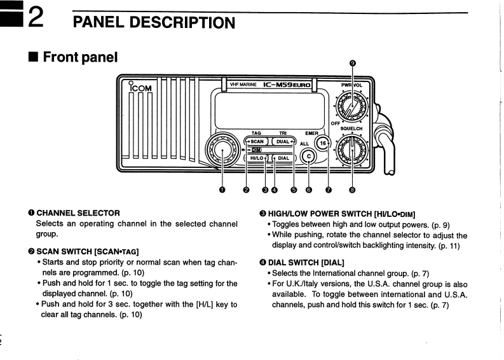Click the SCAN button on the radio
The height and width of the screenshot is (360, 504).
click(257, 142)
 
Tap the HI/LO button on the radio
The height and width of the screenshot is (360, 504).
click(257, 158)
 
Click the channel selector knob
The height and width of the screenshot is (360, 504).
click(222, 149)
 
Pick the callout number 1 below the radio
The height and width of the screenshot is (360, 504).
click(222, 189)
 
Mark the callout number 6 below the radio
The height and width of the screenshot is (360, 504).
click(310, 189)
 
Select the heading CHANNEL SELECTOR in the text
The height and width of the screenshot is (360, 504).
click(78, 212)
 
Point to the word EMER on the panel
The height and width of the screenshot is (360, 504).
click(311, 134)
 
